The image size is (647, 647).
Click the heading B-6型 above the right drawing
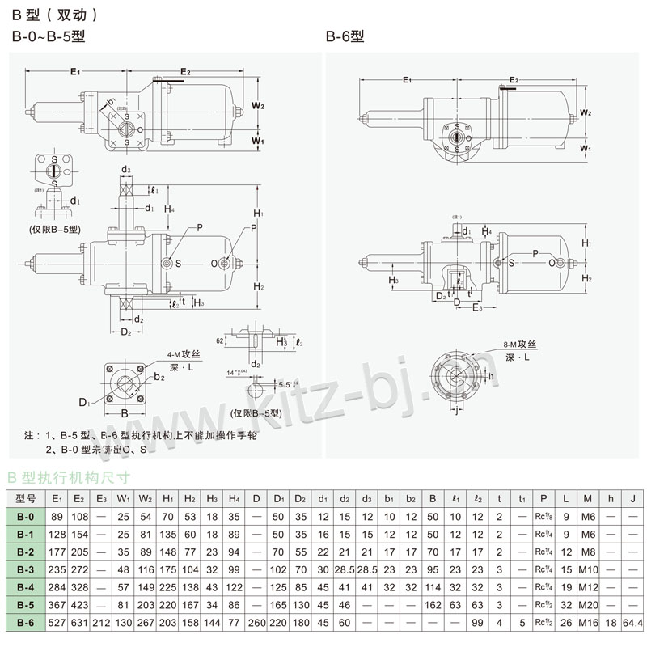[x=345, y=36]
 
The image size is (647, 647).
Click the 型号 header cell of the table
[x=26, y=498]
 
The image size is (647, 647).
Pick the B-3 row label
[x=26, y=569]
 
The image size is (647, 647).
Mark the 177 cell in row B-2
[x=57, y=552]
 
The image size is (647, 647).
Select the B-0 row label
[x=26, y=517]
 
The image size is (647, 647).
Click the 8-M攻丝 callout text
[x=520, y=345]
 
